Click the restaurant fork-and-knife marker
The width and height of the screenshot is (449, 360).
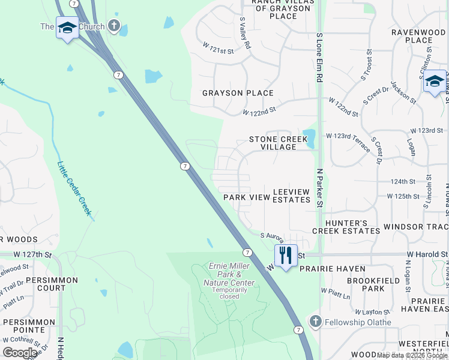click(x=286, y=254)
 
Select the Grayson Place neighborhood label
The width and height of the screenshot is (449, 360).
click(x=238, y=93)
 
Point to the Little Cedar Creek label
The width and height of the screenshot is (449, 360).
click(x=74, y=188)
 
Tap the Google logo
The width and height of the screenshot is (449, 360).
click(x=20, y=353)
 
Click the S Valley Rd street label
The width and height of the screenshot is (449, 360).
click(x=245, y=32)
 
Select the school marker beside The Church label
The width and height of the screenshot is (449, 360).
click(x=67, y=27)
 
